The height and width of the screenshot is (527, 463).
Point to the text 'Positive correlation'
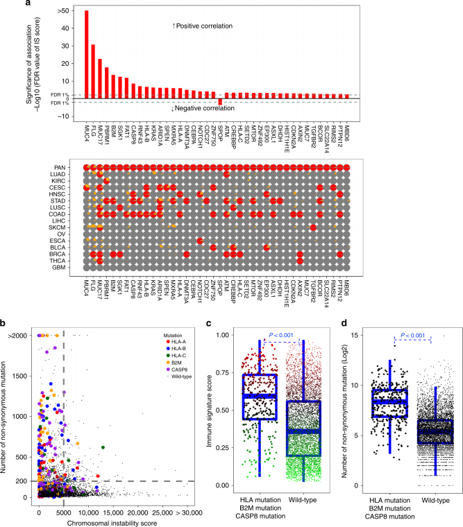pyautogui.click(x=203, y=26)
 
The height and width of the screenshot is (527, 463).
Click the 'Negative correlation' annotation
pyautogui.click(x=203, y=108)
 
